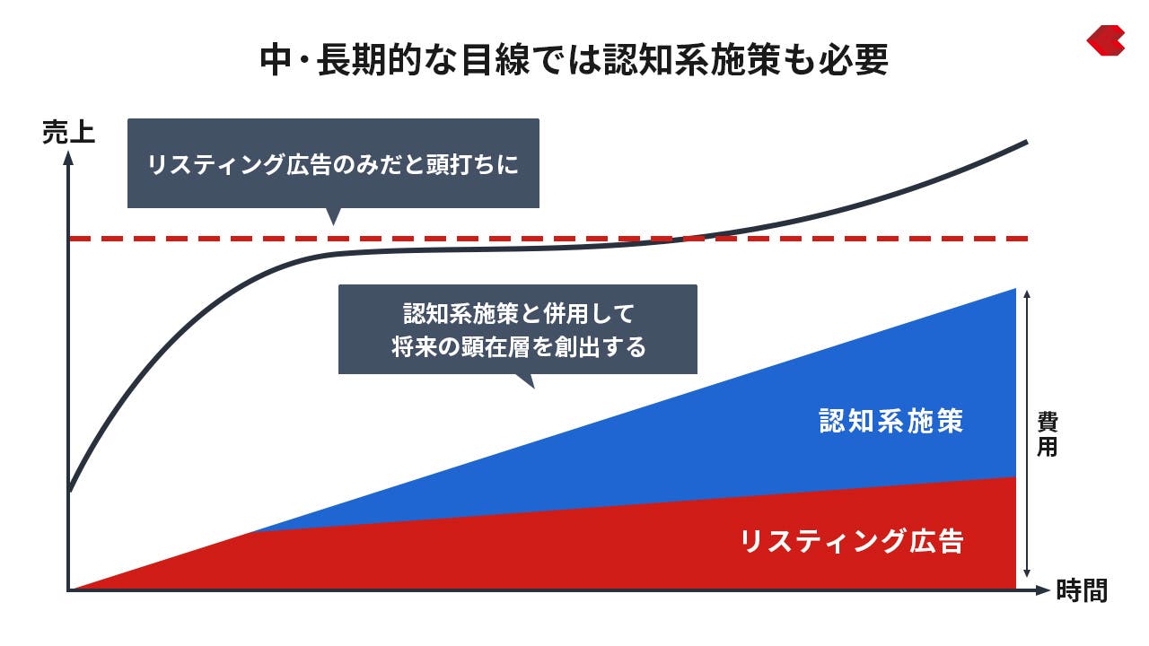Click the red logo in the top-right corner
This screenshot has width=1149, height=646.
(x=1106, y=40)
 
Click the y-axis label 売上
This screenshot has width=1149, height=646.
(x=69, y=132)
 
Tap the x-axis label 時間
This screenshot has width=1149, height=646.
(x=1083, y=590)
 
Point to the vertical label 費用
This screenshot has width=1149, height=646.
(x=1047, y=433)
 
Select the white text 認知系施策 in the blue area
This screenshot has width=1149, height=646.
(x=891, y=422)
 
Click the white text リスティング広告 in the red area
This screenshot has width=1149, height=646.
(x=852, y=541)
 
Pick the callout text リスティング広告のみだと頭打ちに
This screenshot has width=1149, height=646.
(x=333, y=165)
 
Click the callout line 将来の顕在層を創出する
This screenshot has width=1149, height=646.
(x=518, y=346)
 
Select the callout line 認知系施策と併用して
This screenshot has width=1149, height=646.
(x=518, y=313)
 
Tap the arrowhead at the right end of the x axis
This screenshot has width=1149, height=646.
(x=1043, y=590)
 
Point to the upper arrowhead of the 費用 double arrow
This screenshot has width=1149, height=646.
(x=1026, y=293)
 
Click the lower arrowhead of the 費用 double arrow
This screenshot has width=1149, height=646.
(x=1026, y=573)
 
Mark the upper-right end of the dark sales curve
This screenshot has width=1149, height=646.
(x=1026, y=142)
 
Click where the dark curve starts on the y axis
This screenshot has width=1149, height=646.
(x=69, y=491)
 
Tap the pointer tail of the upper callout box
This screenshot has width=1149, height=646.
(x=333, y=216)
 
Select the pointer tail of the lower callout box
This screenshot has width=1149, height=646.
(x=526, y=381)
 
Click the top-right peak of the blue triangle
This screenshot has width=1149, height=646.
(x=1015, y=290)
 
